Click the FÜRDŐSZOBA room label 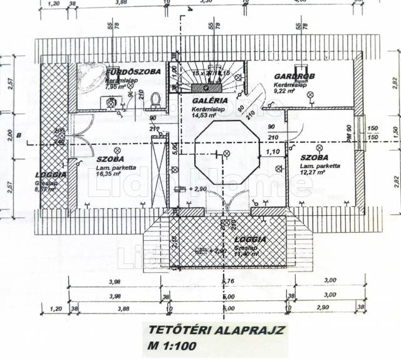click(133, 72)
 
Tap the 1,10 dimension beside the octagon click(271, 151)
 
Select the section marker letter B click(20, 135)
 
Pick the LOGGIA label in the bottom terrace click(250, 240)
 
